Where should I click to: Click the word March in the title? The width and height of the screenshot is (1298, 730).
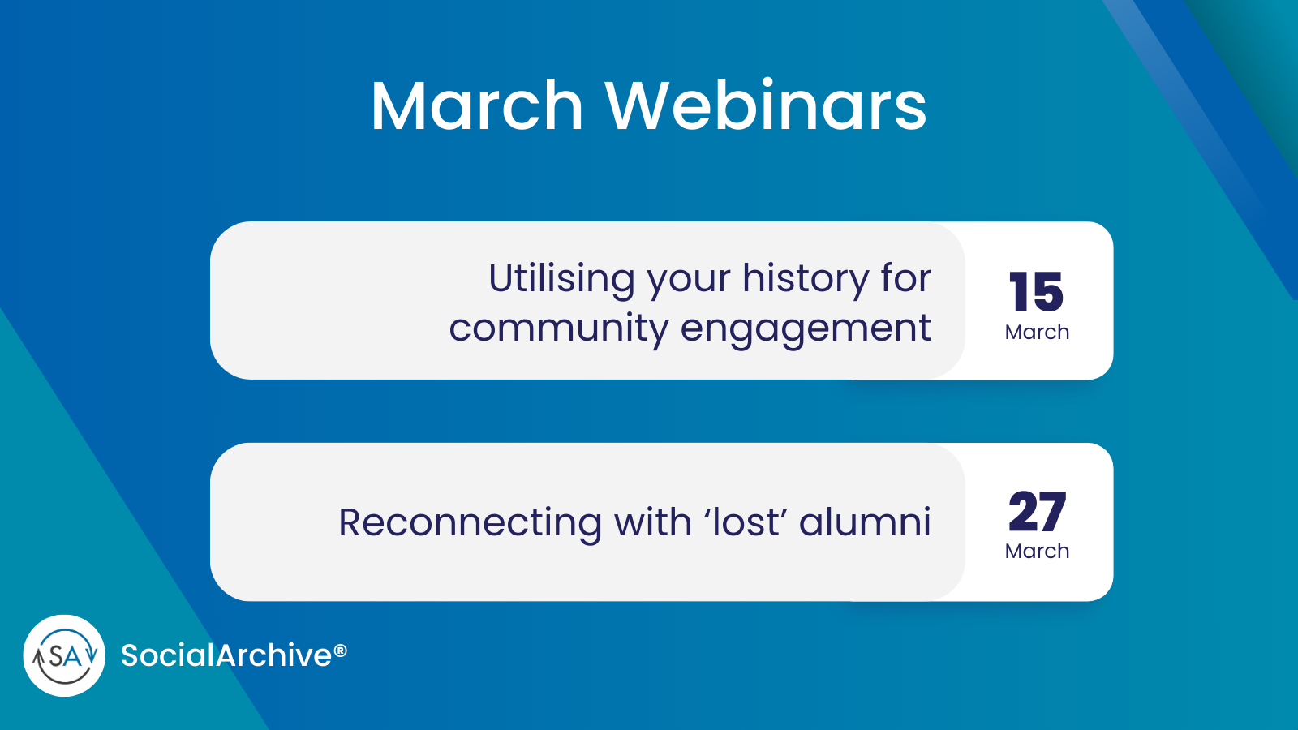[x=477, y=106]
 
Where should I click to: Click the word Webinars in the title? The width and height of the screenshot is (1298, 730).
[x=766, y=106]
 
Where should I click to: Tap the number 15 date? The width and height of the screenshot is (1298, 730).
[x=1036, y=292]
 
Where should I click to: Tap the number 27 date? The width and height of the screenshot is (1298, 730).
[x=1037, y=512]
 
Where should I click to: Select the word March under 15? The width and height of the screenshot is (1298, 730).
[x=1037, y=333]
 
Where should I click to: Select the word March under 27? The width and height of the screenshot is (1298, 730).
[x=1037, y=552]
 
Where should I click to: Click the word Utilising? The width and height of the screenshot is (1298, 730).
[x=561, y=279]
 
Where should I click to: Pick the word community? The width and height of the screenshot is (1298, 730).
[x=558, y=328]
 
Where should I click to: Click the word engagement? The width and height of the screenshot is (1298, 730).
[x=806, y=328]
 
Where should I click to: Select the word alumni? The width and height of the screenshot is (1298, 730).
[x=865, y=522]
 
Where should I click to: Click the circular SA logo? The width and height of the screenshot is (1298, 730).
[x=64, y=655]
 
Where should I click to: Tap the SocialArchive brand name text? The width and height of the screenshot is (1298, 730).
[x=226, y=655]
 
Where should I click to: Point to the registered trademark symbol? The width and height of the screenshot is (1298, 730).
[x=341, y=651]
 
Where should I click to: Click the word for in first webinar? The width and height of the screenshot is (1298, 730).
[x=905, y=279]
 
